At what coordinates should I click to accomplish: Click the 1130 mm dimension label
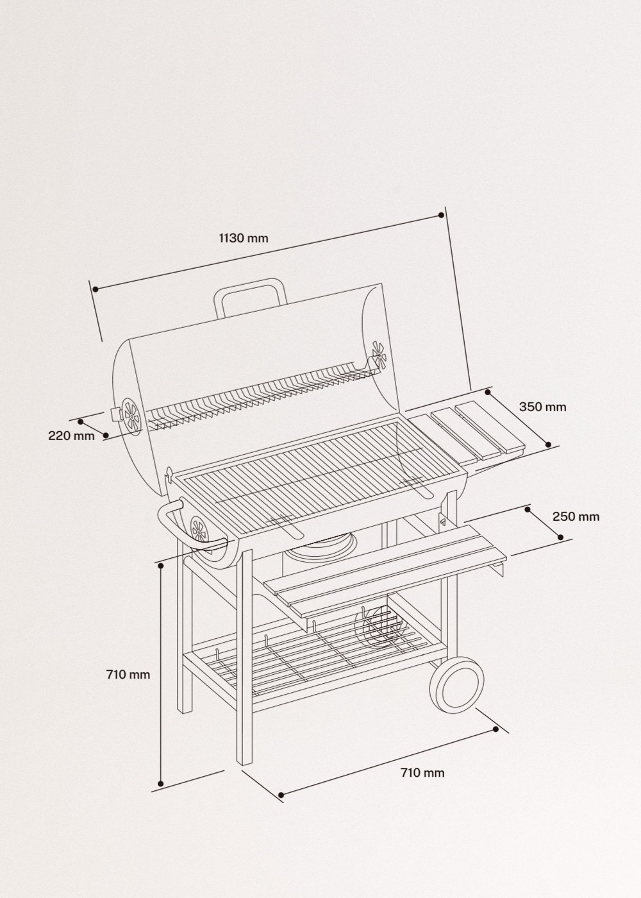(x=244, y=239)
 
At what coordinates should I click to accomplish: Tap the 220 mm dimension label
(x=71, y=436)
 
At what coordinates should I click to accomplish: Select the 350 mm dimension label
(x=542, y=407)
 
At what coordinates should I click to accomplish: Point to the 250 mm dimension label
(x=576, y=516)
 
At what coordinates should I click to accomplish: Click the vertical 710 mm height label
(x=128, y=674)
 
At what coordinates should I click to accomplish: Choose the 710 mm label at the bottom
(x=422, y=773)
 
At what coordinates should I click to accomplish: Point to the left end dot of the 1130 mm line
(x=95, y=289)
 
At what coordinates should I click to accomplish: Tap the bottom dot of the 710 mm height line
(x=161, y=783)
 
